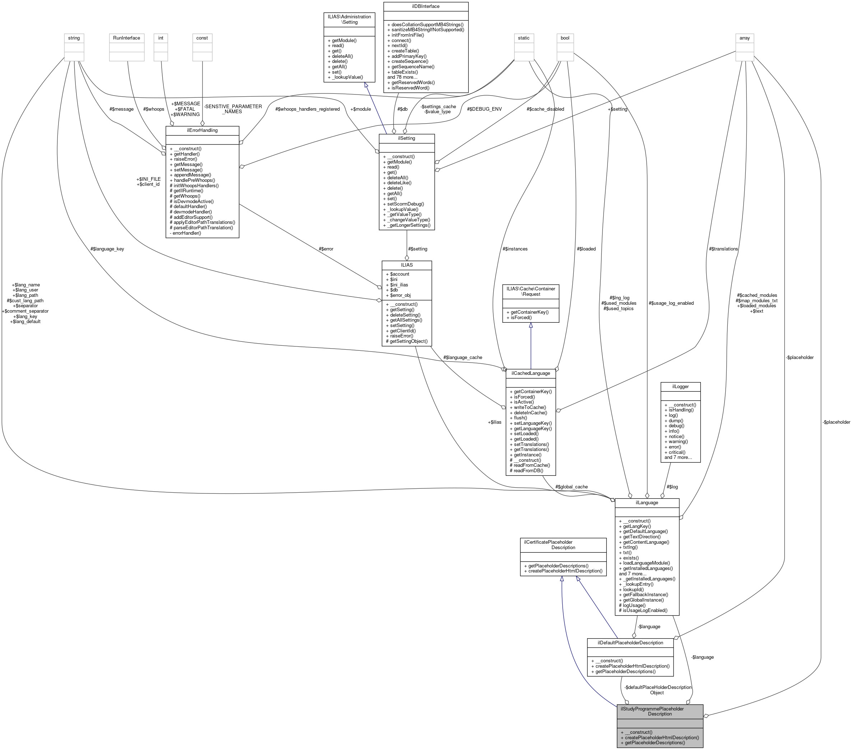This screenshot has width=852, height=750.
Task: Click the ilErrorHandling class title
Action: coord(202,130)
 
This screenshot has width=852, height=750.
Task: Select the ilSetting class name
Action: coord(406,138)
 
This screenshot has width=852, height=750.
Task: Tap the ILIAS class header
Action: coord(406,265)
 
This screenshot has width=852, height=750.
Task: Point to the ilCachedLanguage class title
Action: coord(531,373)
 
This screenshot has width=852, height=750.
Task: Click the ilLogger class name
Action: coord(680,387)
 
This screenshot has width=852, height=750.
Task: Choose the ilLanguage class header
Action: coord(647,503)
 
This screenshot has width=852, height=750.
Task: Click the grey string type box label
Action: coord(74,38)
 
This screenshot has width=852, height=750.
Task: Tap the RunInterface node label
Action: coord(127,38)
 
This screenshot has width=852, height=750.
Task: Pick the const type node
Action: coord(202,38)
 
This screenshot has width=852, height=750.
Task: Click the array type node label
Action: coord(744,38)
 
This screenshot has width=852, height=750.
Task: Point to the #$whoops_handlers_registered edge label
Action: coord(308,109)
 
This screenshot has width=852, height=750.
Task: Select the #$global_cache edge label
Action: coord(571,487)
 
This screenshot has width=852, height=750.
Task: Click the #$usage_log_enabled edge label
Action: coord(671,303)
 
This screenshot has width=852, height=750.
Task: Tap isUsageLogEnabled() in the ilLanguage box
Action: coord(644,611)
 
